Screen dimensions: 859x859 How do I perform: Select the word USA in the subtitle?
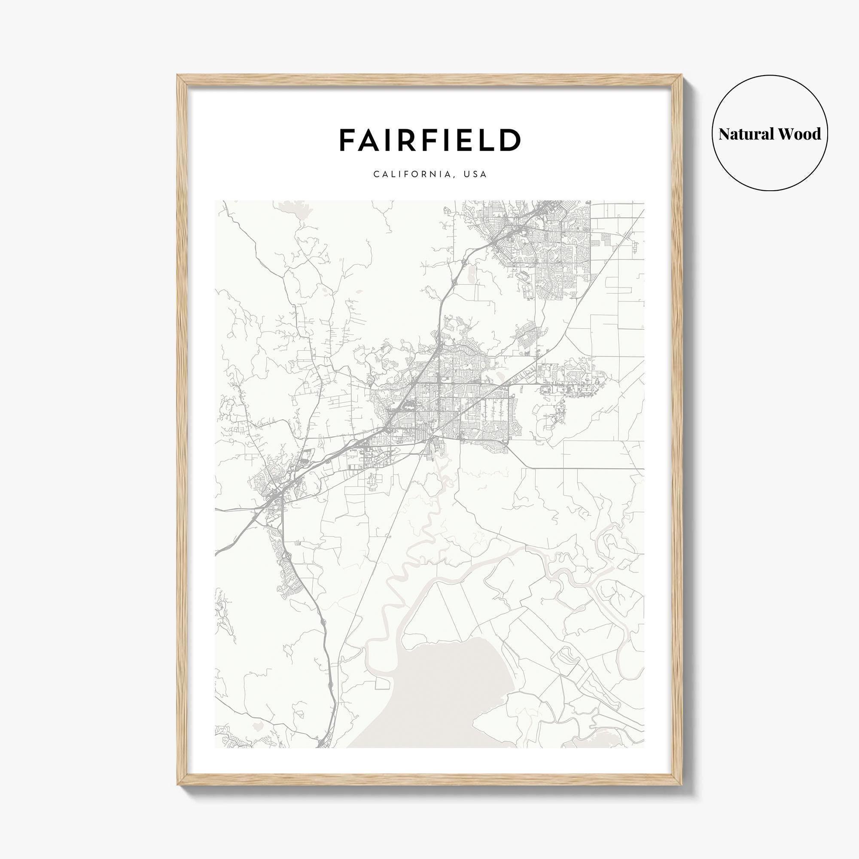(x=475, y=174)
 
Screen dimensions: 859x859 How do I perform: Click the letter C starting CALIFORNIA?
(x=377, y=174)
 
